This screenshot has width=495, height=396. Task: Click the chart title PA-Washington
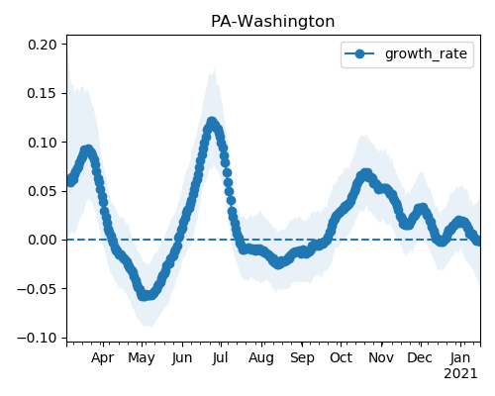point(272,22)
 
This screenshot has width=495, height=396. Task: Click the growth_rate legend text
point(426,53)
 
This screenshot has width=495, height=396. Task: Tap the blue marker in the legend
point(359,53)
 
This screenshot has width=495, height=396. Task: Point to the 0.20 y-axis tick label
point(43,45)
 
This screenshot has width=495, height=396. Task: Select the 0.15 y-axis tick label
point(43,93)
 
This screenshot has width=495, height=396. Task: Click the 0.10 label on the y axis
point(43,143)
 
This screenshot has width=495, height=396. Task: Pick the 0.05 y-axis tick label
point(43,191)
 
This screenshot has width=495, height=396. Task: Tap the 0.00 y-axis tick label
point(43,240)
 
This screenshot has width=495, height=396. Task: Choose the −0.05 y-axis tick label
point(38,289)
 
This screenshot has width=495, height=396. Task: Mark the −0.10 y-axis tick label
point(38,338)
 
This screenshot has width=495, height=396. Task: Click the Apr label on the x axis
point(103,358)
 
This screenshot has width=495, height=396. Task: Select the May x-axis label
point(142,358)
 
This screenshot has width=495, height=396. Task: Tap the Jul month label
point(220,357)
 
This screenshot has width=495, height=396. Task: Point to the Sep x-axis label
point(302,358)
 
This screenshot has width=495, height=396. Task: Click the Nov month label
point(381,357)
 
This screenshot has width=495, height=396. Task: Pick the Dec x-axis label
point(420,357)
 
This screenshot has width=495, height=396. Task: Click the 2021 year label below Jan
point(460,374)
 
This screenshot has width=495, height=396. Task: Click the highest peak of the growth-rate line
point(212,123)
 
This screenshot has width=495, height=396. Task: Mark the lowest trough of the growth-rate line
point(145,295)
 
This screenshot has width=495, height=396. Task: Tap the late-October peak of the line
point(365,174)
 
